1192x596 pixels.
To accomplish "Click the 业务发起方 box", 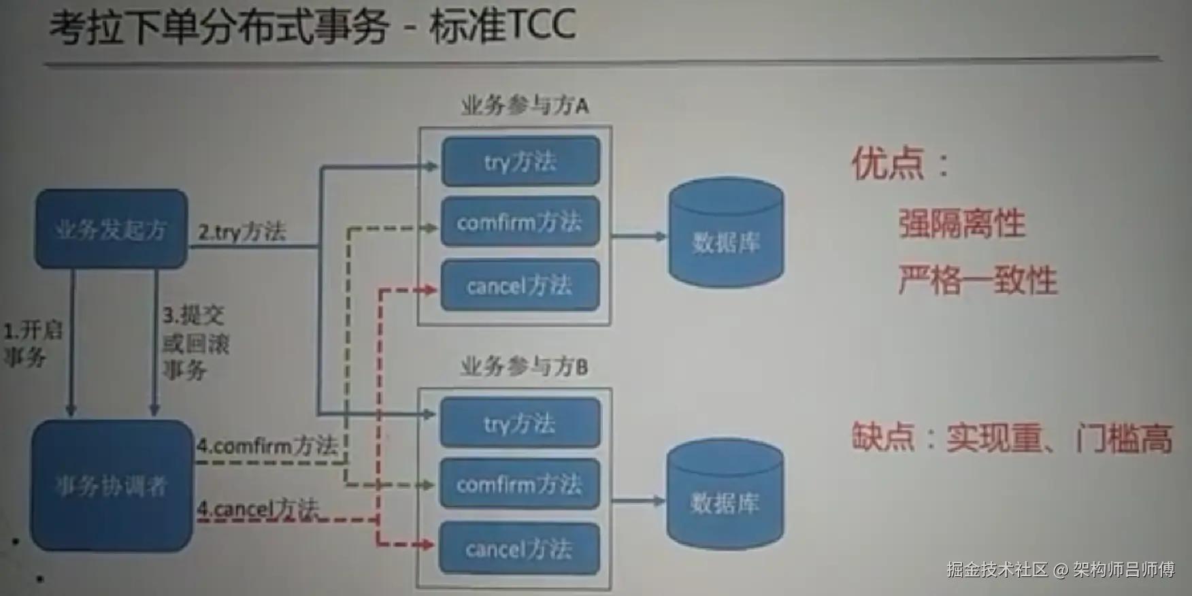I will [112, 229].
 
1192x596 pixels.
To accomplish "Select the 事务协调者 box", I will [112, 485].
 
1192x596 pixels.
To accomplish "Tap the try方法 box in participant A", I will [520, 161].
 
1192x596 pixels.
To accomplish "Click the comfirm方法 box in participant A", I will [520, 222].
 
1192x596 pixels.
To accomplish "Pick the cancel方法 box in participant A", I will [520, 285].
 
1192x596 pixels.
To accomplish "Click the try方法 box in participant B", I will [520, 423].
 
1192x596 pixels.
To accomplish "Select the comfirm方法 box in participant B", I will [520, 484].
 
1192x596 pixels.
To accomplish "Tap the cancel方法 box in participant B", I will [520, 548].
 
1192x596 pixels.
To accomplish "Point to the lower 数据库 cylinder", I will [725, 494].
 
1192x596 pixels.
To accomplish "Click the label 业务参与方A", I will [525, 105].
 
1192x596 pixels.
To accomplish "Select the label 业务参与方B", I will [524, 367].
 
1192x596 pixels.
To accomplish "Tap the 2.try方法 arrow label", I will [242, 232].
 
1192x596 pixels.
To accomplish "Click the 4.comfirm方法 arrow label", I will [267, 446].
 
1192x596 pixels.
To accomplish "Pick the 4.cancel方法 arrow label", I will [257, 508].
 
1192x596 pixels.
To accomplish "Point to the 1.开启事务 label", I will [32, 344].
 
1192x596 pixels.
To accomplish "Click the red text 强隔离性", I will [961, 223].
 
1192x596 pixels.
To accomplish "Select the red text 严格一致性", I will [978, 280].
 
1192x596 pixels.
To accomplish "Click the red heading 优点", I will [889, 163].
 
